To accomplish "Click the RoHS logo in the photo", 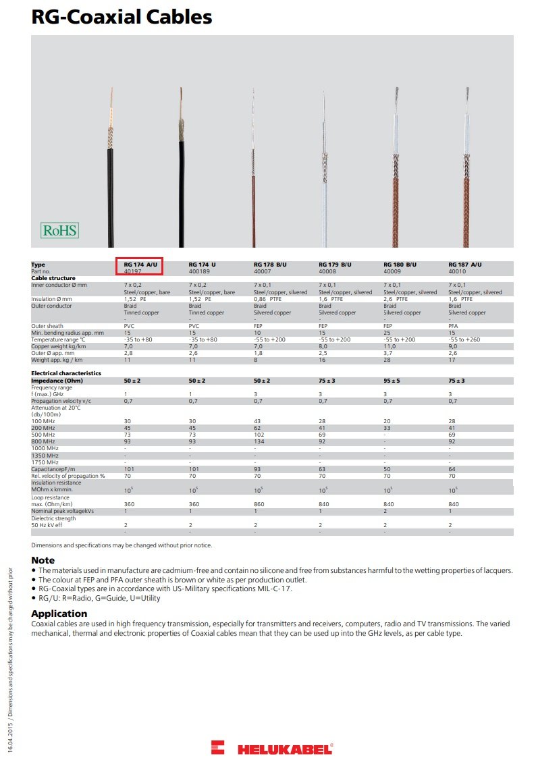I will [60, 231].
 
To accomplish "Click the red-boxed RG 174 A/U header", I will [140, 265].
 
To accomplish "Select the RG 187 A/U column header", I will [465, 265].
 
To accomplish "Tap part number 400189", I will [199, 271].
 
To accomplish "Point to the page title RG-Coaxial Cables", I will [122, 18].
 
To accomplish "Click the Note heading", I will [43, 560].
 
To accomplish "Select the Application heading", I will [59, 613].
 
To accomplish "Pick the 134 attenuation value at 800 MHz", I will [259, 442].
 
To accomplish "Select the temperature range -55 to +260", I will [464, 339].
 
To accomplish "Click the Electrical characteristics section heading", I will [66, 373].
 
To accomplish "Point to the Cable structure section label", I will [53, 278].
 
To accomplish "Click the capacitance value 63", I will [322, 469].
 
